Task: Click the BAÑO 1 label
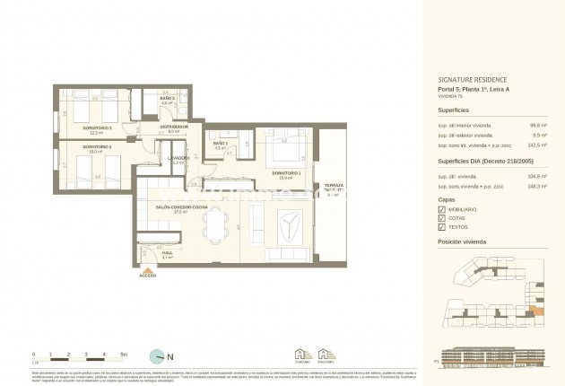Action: [x=221, y=144]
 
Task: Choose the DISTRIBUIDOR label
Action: [x=174, y=127]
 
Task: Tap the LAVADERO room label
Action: [x=178, y=158]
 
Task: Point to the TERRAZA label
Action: [x=334, y=185]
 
